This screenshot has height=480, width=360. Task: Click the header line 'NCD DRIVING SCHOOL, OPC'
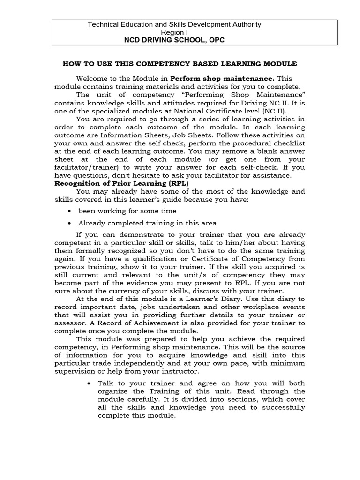click(x=174, y=40)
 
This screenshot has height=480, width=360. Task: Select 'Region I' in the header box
click(x=174, y=32)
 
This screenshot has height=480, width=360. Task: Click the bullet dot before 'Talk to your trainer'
click(x=90, y=383)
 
